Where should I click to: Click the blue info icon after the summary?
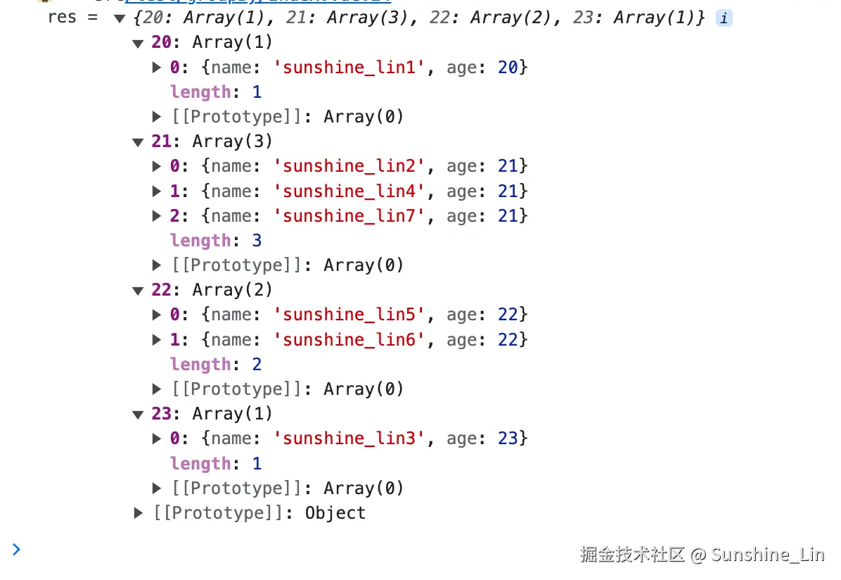point(724,19)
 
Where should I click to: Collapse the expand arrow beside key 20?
point(138,43)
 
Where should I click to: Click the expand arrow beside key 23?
point(138,415)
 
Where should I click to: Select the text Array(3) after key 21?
point(232,141)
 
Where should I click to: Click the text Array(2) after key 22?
point(232,290)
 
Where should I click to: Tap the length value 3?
point(257,241)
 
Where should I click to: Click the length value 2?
point(257,365)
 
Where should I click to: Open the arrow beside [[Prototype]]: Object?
point(139,513)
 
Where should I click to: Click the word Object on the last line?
point(335,513)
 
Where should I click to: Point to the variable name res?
point(62,18)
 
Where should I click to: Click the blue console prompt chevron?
point(16,549)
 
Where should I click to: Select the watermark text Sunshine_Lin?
point(767,555)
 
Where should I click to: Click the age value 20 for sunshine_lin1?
point(508,68)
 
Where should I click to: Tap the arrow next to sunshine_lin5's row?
point(157,315)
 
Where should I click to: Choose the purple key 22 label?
point(161,290)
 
